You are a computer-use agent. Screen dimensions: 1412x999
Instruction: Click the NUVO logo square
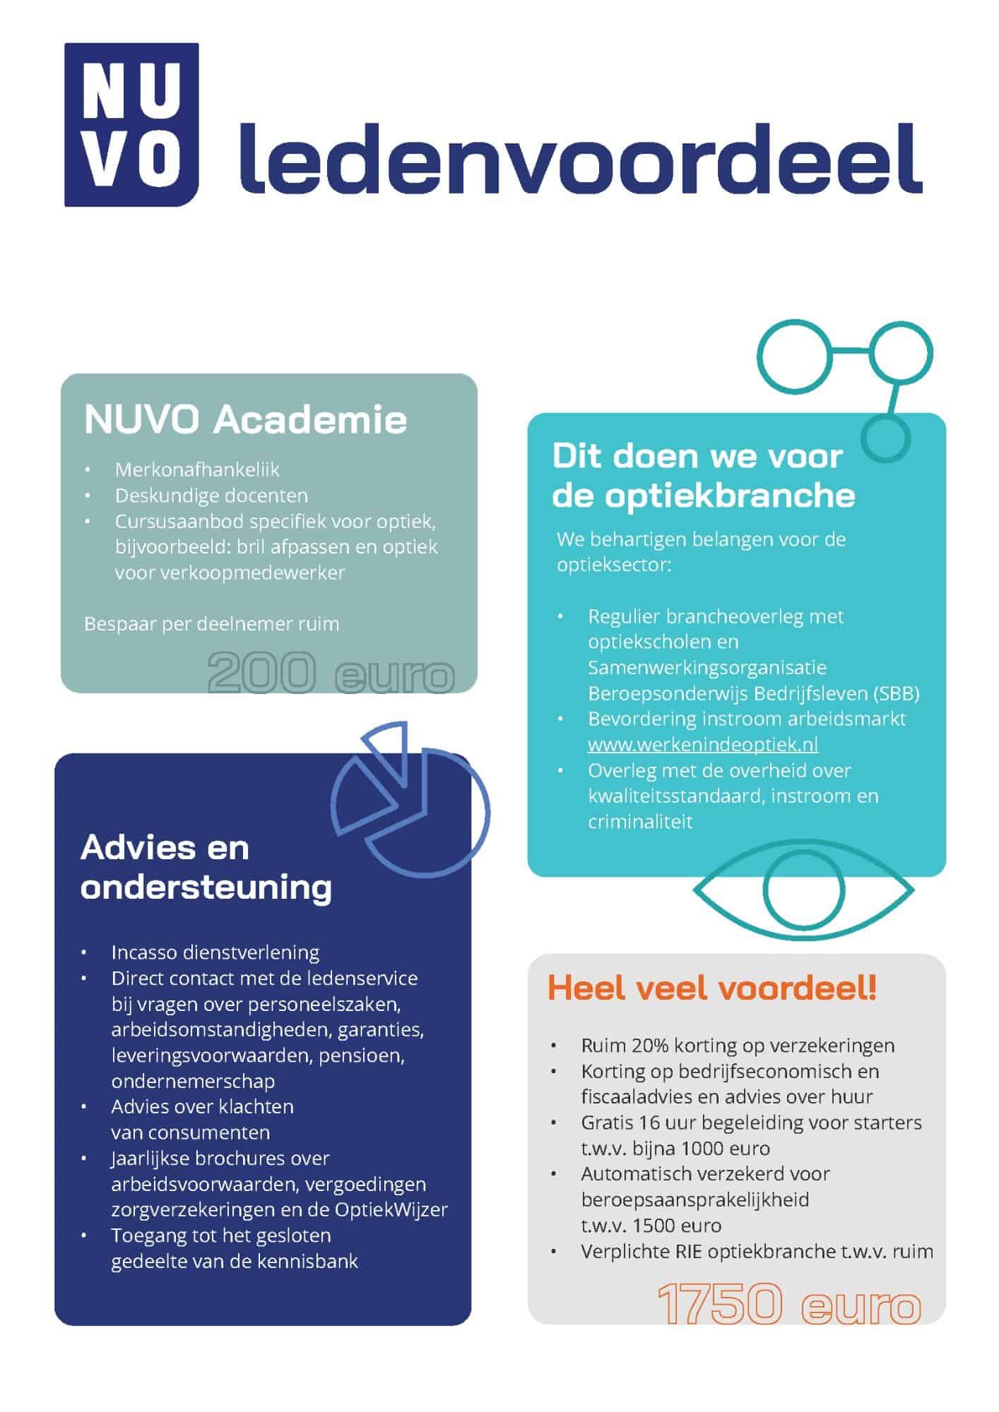[x=131, y=124]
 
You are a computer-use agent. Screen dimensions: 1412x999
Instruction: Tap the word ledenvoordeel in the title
[x=580, y=160]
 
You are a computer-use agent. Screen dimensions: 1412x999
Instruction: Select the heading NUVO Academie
[x=245, y=419]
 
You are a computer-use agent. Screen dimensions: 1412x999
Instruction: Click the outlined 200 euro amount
[x=331, y=673]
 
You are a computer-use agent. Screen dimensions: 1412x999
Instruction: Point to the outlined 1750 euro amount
[x=789, y=1303]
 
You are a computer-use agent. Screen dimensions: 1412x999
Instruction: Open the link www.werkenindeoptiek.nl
[x=702, y=744]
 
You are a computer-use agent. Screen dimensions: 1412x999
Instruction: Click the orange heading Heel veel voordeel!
[x=711, y=988]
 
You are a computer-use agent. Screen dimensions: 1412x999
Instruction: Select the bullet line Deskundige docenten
[x=211, y=496]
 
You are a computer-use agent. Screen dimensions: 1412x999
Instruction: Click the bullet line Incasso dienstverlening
[x=215, y=952]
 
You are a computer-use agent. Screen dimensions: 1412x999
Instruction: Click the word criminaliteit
[x=639, y=821]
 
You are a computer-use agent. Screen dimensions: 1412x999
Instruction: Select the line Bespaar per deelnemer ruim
[x=211, y=624]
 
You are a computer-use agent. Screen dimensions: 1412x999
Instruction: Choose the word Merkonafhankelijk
[x=197, y=469]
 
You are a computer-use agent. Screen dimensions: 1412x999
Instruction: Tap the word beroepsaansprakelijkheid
[x=694, y=1199]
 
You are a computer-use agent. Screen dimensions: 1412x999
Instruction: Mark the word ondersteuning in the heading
[x=206, y=887]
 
